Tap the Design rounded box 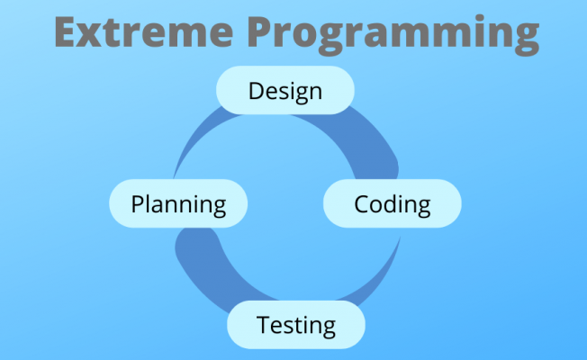285,91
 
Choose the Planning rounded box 177,203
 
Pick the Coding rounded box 392,203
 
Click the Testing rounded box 295,324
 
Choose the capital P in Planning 138,203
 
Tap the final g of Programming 524,38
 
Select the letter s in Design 284,93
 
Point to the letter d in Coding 393,203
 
